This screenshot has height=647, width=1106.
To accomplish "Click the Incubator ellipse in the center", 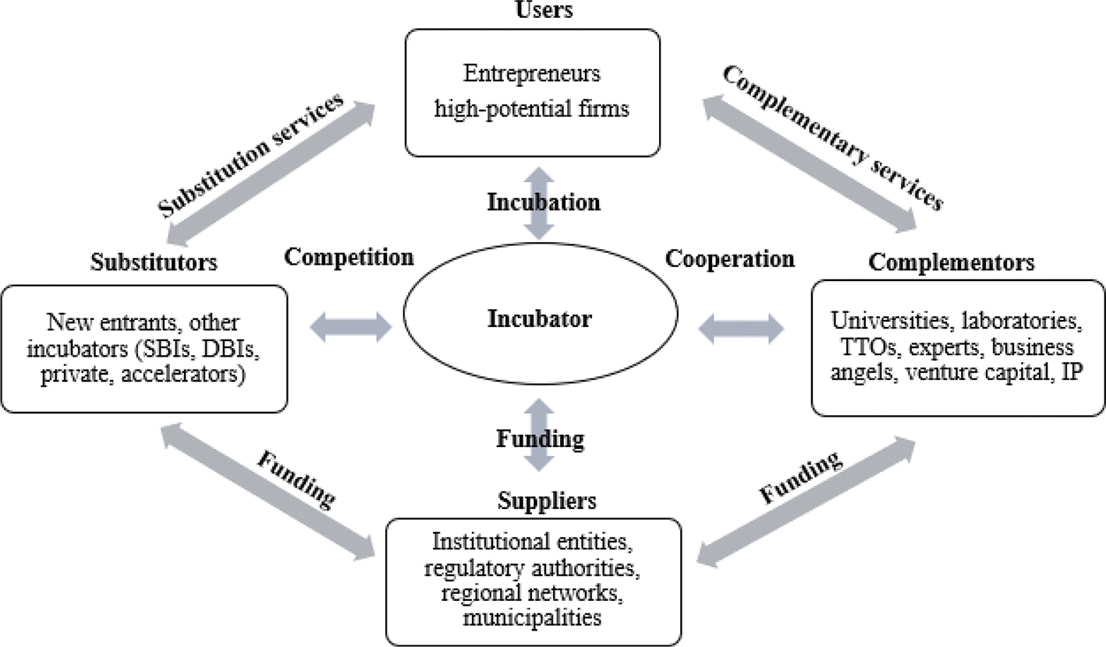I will [539, 319].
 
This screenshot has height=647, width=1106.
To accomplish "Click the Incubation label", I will [544, 202].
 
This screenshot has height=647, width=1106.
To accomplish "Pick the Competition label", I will [349, 257].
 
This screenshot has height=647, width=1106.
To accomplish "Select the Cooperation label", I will [730, 257].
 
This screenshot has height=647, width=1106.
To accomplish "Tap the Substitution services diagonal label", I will [251, 156].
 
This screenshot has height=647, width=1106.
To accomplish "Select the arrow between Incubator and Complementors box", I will [739, 327].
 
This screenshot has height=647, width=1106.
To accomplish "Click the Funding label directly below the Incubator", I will [540, 439].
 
